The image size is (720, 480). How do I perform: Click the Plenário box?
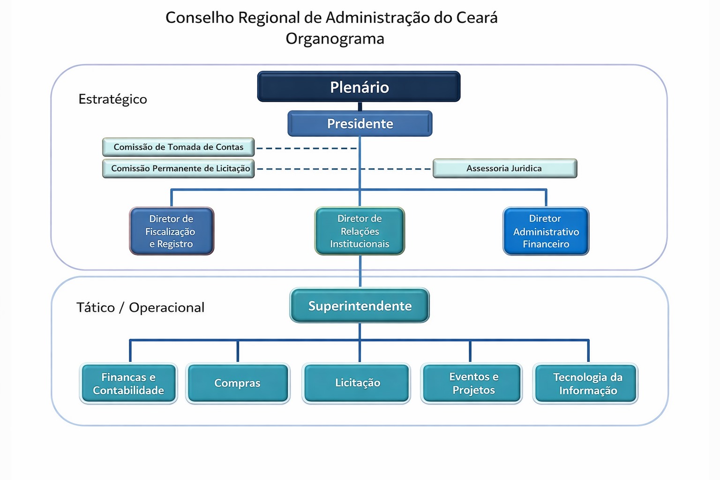pos(359,87)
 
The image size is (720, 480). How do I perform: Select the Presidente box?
pos(360,123)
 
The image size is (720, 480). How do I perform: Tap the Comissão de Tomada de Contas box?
pos(178,147)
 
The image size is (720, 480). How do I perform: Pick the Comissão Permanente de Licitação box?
pos(178,168)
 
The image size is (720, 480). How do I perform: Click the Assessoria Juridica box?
pos(504,168)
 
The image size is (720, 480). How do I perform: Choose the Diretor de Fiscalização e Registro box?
pos(171,231)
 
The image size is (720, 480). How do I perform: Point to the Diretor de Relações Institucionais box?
pos(360,231)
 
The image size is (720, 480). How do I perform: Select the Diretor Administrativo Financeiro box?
pos(546,231)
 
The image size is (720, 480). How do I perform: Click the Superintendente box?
pos(360,306)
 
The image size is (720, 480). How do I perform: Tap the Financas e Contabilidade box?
pos(128,383)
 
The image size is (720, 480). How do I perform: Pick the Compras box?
pos(238,383)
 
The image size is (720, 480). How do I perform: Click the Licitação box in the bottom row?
pos(357,383)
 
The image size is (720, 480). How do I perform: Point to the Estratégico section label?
pos(112,99)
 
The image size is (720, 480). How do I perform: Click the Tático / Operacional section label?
pos(140,307)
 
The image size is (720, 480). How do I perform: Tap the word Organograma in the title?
pos(335,38)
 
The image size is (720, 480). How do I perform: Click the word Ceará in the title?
pos(477,18)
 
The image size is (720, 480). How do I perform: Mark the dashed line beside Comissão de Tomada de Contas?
pos(307,148)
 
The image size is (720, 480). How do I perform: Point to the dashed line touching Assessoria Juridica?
pos(398,169)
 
